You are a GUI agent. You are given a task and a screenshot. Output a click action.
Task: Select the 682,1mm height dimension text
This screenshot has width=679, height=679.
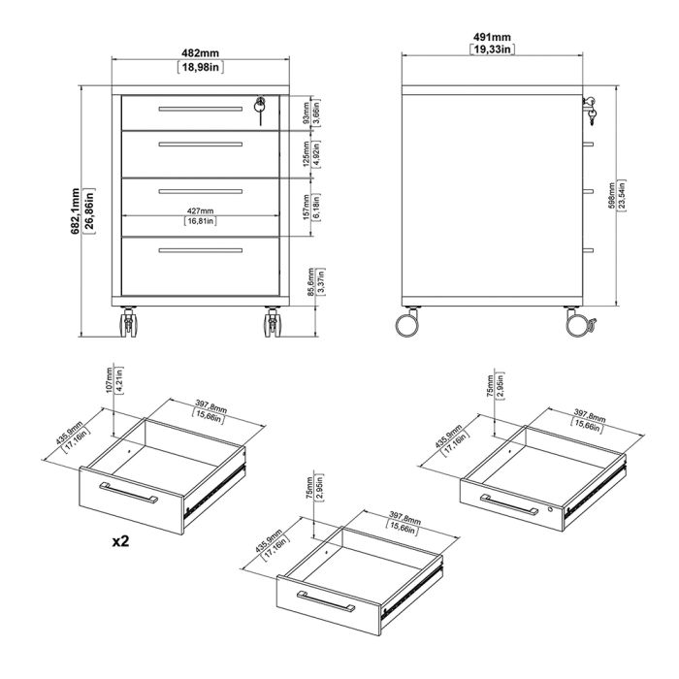click(90, 210)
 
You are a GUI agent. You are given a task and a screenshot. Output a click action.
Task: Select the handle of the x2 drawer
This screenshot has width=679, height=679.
click(129, 492)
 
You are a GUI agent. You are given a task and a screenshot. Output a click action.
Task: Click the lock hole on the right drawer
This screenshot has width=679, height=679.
click(553, 509)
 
